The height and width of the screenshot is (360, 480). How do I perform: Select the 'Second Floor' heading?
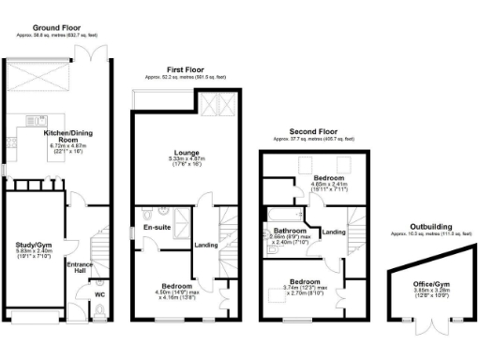[x=312, y=132]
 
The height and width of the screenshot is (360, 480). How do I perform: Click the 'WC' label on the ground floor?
[x=99, y=294]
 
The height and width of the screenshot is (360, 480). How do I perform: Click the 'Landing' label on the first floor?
[x=205, y=247]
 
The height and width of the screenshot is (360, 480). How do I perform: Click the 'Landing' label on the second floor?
[x=334, y=232]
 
